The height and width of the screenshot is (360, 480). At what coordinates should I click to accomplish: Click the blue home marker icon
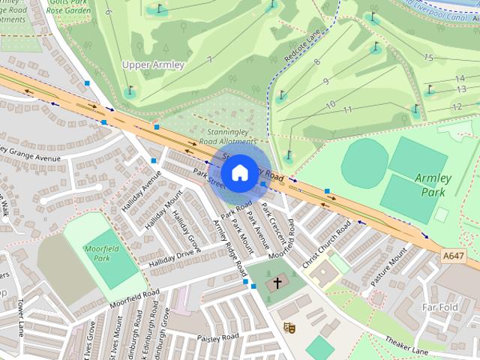[x=239, y=172]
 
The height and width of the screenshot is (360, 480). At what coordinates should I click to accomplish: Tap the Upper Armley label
[x=153, y=64]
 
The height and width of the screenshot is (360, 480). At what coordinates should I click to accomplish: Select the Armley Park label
[x=433, y=184]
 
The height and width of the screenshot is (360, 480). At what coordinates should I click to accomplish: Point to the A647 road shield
[x=452, y=256]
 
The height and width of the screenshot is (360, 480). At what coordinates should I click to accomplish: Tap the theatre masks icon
[x=289, y=327]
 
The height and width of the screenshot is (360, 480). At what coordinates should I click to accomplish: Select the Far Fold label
[x=439, y=307]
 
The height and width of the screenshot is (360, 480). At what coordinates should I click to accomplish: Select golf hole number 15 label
[x=428, y=57]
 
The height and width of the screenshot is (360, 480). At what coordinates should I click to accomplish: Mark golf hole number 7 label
[x=209, y=59]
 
